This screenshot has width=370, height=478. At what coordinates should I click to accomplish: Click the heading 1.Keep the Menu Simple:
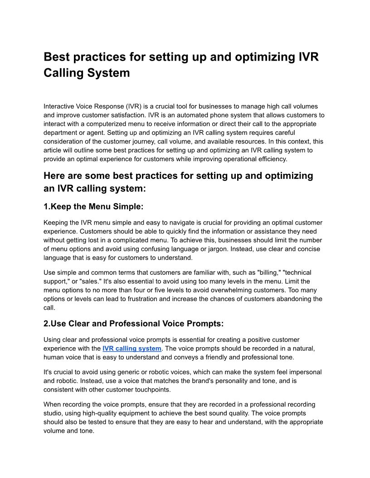[x=93, y=206]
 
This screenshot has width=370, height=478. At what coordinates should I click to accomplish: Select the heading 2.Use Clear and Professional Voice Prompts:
[x=134, y=324]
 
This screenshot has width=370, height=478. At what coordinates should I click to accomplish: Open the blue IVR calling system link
[x=132, y=349]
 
